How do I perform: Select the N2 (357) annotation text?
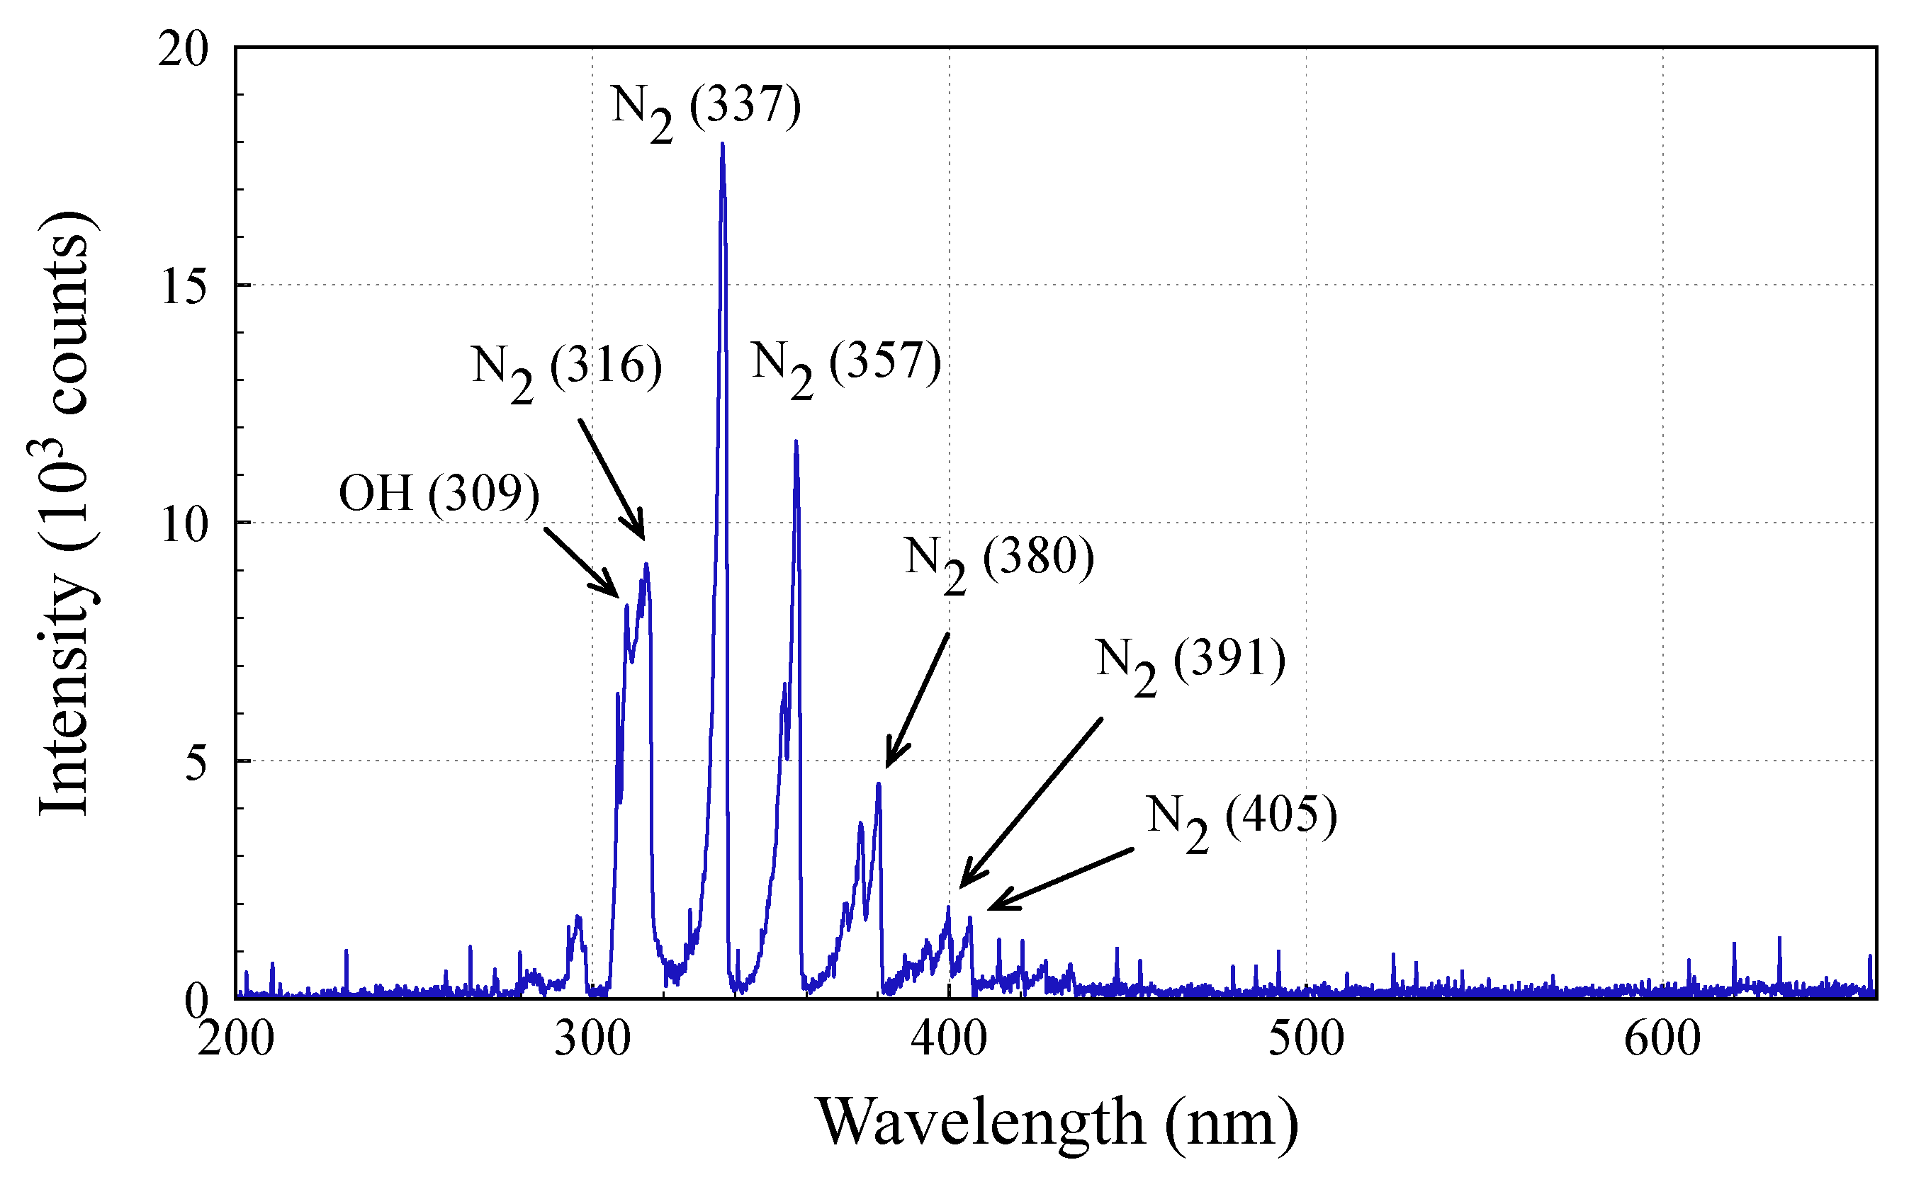coord(847,366)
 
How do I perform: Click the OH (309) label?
coord(439,494)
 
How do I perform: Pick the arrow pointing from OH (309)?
coord(581,563)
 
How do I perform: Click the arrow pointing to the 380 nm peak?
coord(918,700)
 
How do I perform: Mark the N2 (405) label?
coord(1241,821)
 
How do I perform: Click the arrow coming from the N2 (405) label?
coord(1061,879)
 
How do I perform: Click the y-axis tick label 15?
coord(184,287)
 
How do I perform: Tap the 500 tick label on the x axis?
coord(1306,1039)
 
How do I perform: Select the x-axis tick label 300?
coord(592,1039)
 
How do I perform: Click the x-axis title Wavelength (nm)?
coord(1057,1123)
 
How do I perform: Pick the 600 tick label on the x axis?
coord(1662,1039)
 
